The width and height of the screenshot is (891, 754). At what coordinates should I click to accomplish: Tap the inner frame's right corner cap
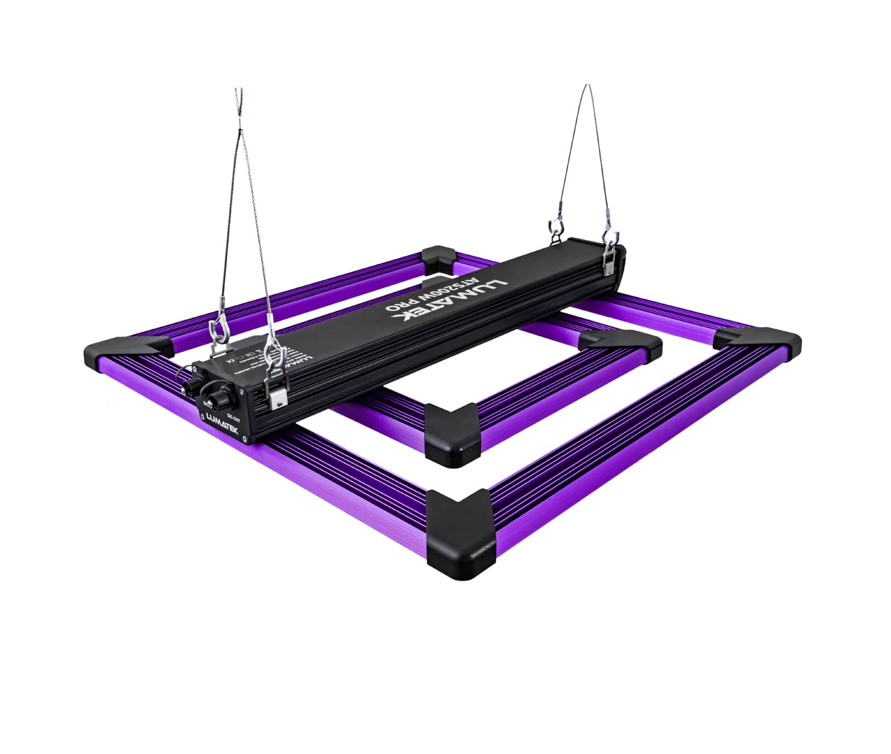coord(624,345)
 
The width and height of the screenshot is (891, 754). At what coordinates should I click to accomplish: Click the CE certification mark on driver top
coord(228,359)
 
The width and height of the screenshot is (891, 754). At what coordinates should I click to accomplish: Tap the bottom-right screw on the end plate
coord(243,438)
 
